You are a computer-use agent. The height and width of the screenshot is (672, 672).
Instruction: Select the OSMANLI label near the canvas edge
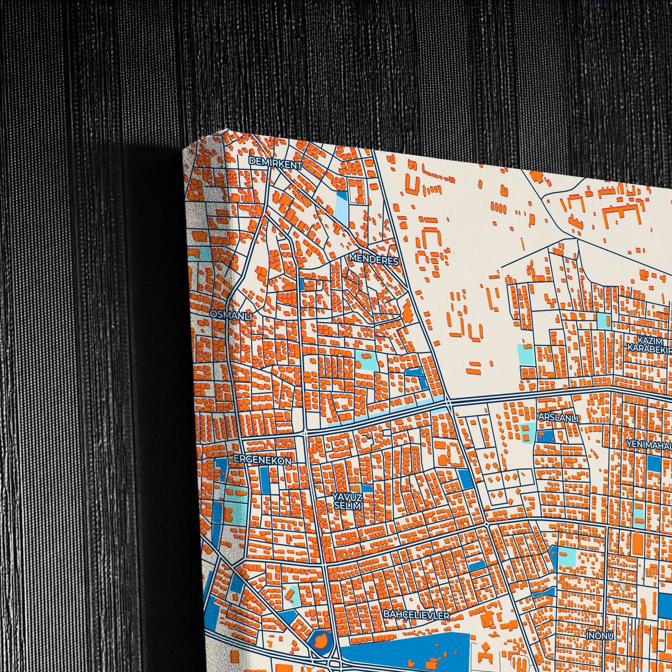click(x=231, y=315)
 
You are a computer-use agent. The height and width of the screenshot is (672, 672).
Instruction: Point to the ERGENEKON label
click(x=263, y=460)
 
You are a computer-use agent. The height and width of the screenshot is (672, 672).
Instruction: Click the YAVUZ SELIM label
click(x=347, y=500)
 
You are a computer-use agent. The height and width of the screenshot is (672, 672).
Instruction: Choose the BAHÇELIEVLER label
click(x=417, y=615)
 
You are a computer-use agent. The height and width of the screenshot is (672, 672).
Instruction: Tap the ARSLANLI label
click(x=558, y=418)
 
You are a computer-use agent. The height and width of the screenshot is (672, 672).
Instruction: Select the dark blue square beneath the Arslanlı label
click(x=545, y=436)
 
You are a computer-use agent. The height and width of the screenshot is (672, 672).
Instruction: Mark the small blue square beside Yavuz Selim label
click(x=367, y=488)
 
